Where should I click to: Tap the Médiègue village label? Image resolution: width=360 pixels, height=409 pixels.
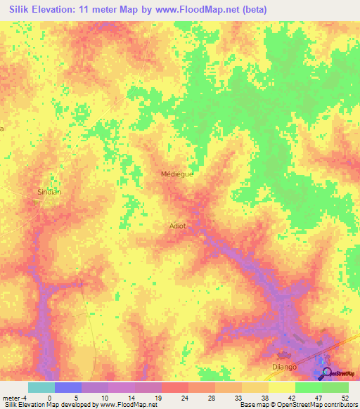176,174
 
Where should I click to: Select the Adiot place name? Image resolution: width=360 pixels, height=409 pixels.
178,226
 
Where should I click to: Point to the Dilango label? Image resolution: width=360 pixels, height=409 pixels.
285,366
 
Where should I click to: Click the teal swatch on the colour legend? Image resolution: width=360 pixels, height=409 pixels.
41,387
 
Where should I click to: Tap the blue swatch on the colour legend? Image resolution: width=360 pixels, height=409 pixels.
68,387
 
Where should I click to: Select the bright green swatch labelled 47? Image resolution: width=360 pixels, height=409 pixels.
309,387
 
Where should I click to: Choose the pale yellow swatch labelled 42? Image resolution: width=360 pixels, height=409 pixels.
282,387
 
